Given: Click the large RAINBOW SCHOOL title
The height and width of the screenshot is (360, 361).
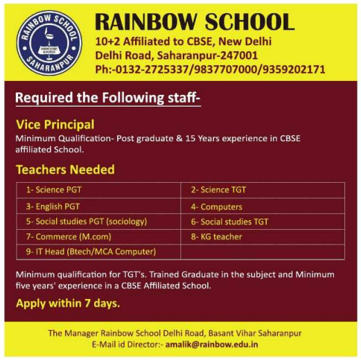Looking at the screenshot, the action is [195, 21].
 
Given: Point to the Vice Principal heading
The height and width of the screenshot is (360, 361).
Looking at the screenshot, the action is [55, 125].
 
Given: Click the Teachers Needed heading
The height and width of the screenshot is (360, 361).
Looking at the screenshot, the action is [65, 170].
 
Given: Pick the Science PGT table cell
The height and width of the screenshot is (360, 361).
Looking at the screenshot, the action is [54, 189].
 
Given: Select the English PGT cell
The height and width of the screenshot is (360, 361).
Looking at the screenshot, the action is [53, 206].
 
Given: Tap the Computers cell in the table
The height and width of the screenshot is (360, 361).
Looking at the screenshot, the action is [217, 206].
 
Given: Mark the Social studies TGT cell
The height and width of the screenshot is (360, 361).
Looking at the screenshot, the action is [229, 222].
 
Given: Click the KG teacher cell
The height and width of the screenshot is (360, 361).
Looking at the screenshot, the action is [216, 237].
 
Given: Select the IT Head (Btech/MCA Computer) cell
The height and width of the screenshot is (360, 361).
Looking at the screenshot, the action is [90, 251].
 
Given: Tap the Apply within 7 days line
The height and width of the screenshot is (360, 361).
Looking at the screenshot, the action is [67, 303].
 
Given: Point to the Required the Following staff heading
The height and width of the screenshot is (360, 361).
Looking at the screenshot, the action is [107, 98].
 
